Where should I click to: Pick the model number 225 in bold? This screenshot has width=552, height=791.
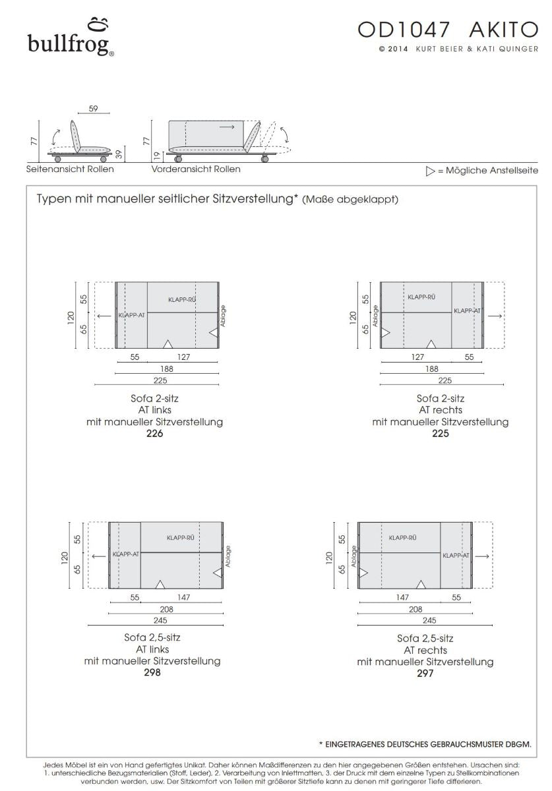pos(440,433)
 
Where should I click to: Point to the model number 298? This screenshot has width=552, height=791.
pos(152,672)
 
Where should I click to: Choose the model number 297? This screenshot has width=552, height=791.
pos(425,674)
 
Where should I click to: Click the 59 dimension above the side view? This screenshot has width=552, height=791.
pos(93,109)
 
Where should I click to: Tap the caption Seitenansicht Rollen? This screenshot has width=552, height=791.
pos(70,169)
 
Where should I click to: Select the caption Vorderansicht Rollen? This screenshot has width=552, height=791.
pos(196,169)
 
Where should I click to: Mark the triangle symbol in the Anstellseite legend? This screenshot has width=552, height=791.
pos(431,171)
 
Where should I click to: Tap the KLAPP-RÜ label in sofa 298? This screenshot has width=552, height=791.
pos(181,537)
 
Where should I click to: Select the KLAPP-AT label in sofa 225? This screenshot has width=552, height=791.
pos(467,310)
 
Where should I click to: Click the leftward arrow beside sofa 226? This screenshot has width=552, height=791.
pos(103,316)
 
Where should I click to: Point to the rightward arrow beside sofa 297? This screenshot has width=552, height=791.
pos(482,556)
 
